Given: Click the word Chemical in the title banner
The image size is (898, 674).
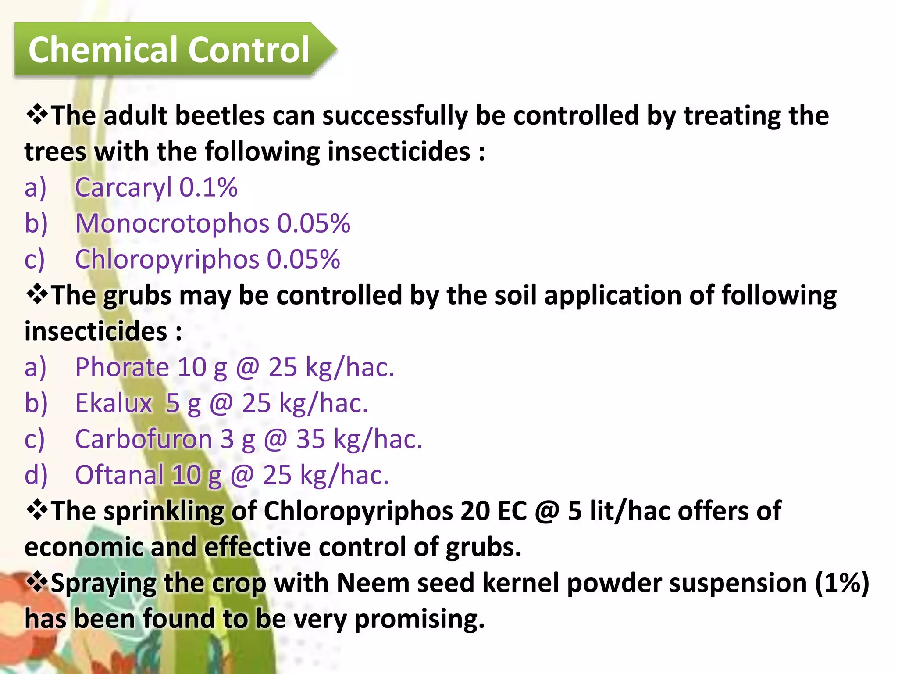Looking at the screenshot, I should (104, 50).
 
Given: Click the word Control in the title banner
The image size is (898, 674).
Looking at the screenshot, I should (249, 50).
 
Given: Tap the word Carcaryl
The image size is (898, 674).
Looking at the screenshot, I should (123, 188).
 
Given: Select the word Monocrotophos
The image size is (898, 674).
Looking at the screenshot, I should (172, 223).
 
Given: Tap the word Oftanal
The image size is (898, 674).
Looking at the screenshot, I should (119, 475).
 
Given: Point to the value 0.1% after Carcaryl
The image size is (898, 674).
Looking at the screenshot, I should (209, 188).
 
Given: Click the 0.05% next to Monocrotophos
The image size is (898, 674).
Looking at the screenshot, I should (314, 223).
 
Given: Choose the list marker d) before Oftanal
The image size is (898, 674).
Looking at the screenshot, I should (36, 475).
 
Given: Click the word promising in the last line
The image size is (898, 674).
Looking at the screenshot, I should (419, 619).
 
